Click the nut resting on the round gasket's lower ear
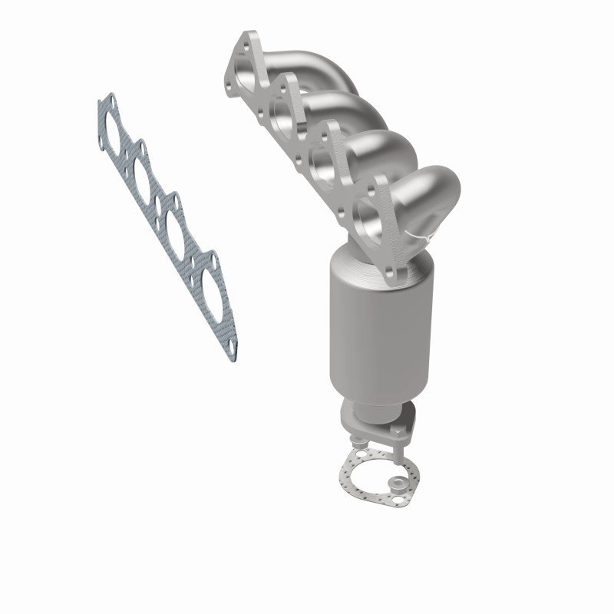tap(398, 484)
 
